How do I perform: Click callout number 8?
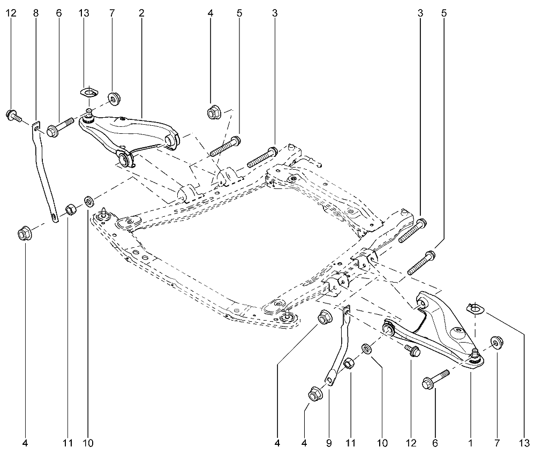[x=36, y=13]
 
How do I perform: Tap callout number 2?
[x=141, y=13]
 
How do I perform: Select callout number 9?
[x=329, y=443]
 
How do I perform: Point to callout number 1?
[x=471, y=443]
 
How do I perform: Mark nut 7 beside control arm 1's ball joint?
[x=497, y=342]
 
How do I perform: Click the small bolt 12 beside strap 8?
[x=13, y=115]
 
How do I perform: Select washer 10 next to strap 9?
[x=367, y=348]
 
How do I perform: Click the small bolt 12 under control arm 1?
[x=412, y=350]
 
